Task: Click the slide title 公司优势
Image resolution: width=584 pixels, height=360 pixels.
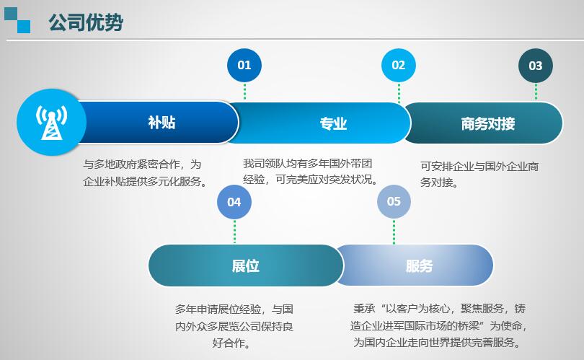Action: (86, 22)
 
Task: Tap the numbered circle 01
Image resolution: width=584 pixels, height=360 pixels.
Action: (244, 65)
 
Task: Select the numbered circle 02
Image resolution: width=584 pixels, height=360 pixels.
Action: (399, 65)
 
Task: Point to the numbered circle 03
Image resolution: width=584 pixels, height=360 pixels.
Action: (536, 66)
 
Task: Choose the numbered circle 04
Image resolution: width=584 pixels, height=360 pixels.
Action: (234, 202)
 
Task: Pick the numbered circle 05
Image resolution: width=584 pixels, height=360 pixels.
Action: (394, 201)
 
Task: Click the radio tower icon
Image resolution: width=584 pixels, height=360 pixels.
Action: (51, 122)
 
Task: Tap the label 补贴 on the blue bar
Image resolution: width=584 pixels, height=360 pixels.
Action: (162, 122)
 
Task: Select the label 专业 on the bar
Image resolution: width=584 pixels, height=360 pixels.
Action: (333, 123)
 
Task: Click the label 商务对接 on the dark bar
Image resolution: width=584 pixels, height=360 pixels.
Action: (488, 123)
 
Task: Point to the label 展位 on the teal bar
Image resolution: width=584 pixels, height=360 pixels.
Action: (245, 266)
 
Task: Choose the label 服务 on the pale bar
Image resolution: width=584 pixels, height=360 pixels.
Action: (420, 266)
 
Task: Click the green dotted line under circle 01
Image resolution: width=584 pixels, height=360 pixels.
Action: (244, 92)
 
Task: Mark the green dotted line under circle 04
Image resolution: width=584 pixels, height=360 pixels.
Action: (234, 232)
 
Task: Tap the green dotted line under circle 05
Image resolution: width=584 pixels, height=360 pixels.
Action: (394, 232)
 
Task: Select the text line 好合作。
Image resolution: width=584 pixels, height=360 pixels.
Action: (231, 343)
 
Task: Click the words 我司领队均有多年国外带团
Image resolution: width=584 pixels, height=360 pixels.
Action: (308, 163)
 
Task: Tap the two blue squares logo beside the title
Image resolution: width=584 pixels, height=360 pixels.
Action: (17, 20)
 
